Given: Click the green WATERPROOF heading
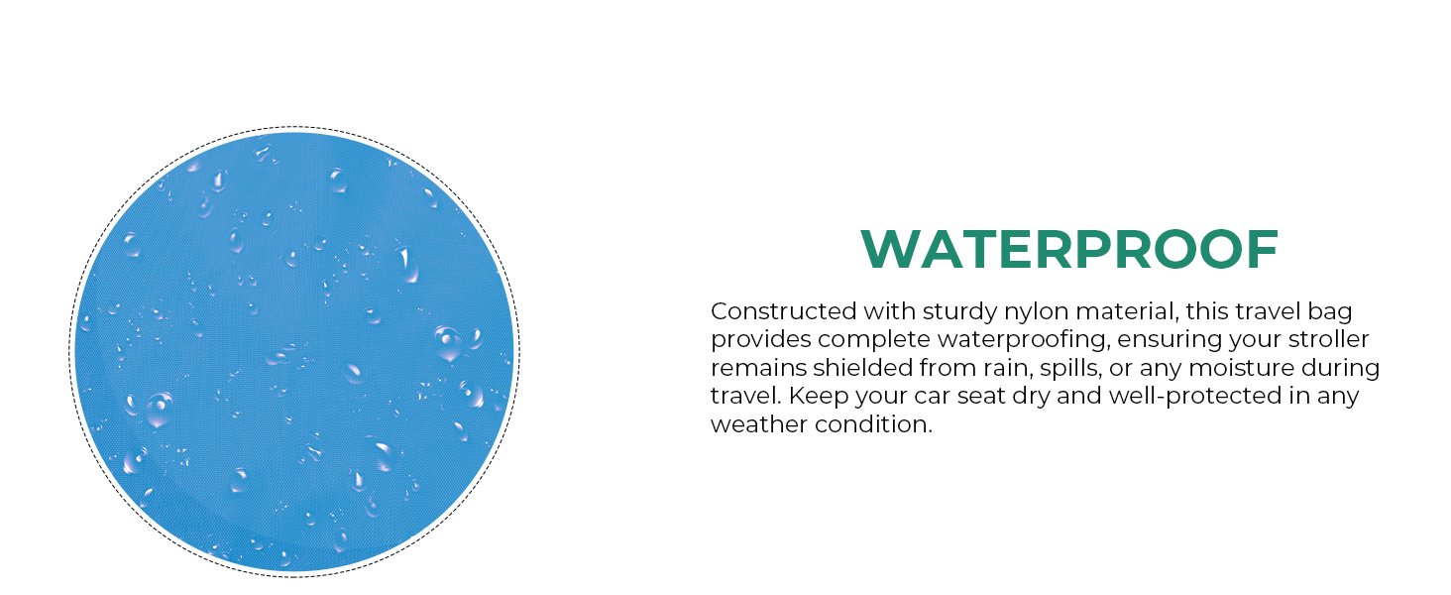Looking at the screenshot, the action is pos(1069,249).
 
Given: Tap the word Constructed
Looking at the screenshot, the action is pos(783,311).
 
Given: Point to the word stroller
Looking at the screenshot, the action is pos(1328,339).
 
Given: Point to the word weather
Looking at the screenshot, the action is pos(759,424).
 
